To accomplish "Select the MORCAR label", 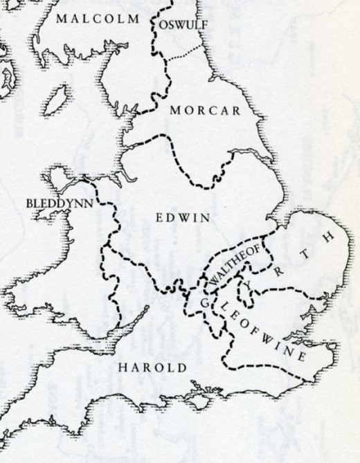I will [x=205, y=111].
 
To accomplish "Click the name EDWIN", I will [x=183, y=217].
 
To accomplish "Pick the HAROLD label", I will [x=152, y=367].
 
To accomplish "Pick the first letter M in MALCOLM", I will [x=61, y=17].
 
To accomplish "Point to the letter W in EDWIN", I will [x=184, y=217].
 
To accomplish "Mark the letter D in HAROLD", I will [x=181, y=367].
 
